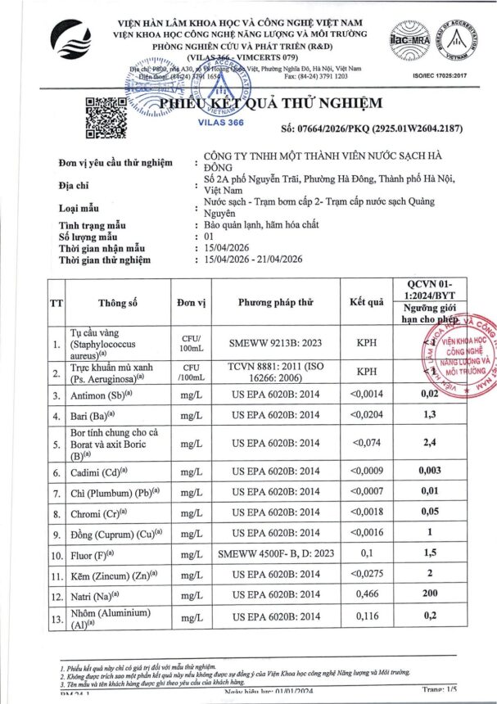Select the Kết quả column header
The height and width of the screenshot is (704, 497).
pos(366,302)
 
